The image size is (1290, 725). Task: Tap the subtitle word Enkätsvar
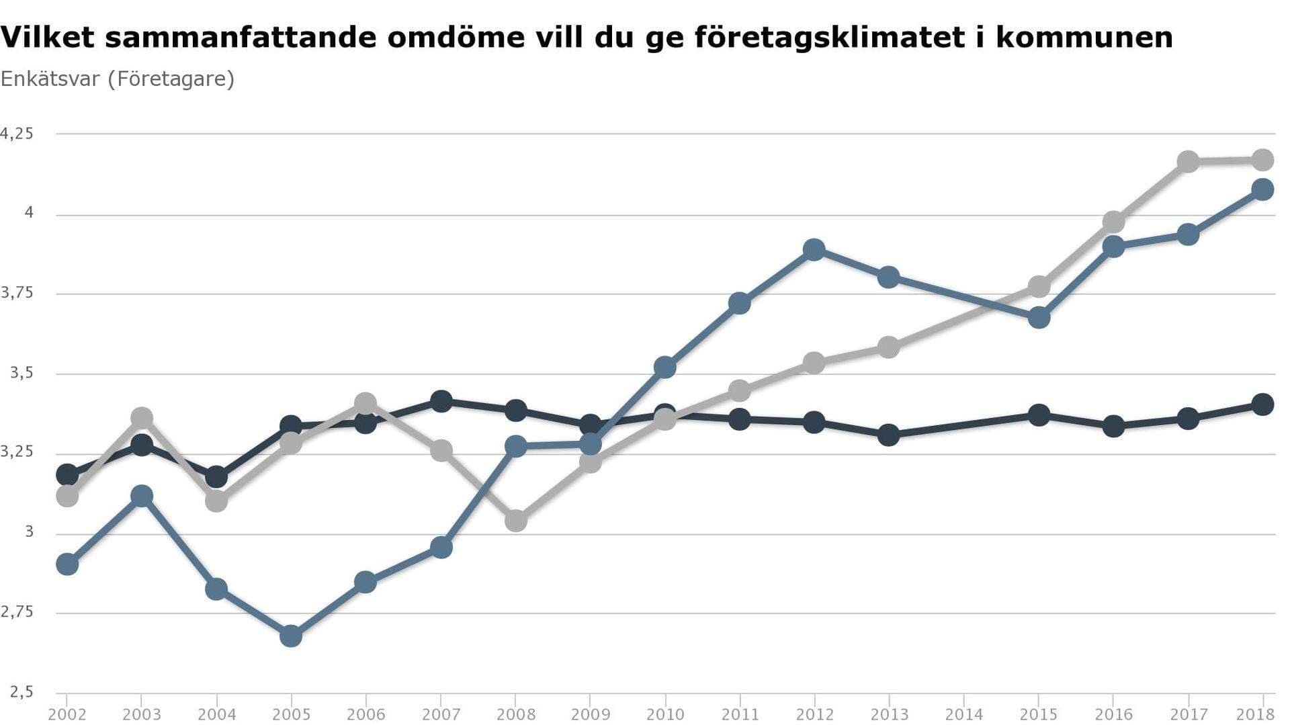50,79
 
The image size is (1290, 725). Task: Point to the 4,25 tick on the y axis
17,134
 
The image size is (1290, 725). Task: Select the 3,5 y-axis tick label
21,373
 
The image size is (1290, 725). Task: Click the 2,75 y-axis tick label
17,612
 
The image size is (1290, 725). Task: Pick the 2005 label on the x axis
291,714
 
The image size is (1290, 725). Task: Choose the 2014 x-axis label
963,714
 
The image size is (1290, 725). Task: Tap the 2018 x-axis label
1255,714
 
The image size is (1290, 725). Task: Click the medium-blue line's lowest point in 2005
291,636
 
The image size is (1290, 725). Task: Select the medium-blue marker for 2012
814,250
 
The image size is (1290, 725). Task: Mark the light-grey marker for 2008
515,520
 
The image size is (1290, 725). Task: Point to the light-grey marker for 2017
1188,161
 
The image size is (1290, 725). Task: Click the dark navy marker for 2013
888,435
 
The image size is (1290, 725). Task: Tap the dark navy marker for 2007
441,402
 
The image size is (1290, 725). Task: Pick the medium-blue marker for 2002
67,564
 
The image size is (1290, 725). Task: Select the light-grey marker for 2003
142,418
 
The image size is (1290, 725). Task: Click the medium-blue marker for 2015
1039,317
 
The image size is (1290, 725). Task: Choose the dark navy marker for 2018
1262,404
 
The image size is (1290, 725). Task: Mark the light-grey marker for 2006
365,404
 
